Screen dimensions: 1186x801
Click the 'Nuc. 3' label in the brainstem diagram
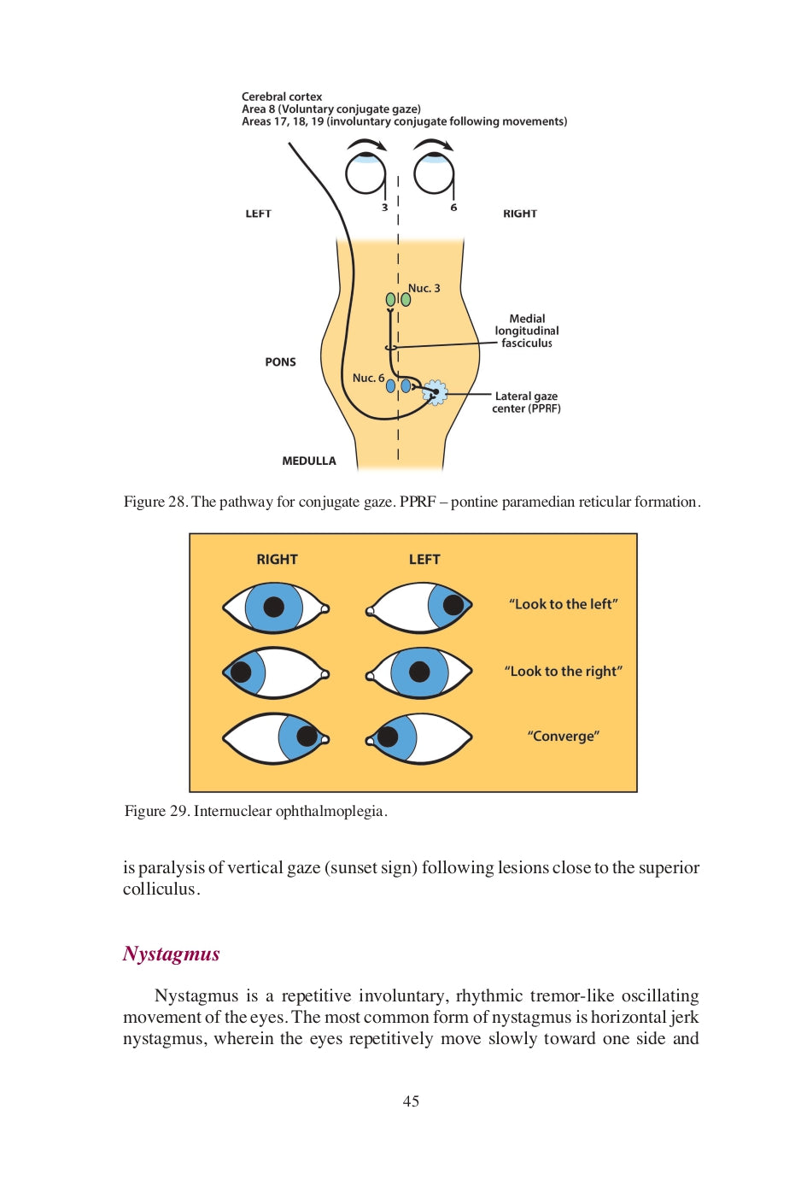[424, 289]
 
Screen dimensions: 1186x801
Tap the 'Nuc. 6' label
[368, 378]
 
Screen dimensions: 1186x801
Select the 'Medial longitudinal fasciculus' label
[527, 331]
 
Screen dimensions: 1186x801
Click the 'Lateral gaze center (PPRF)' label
[526, 402]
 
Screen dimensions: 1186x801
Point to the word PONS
[280, 362]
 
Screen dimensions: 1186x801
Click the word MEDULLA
[309, 461]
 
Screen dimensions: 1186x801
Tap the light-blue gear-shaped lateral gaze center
[435, 392]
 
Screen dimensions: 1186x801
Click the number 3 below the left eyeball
[384, 208]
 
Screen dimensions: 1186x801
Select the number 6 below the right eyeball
[453, 208]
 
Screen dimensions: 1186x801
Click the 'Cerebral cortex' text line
[282, 97]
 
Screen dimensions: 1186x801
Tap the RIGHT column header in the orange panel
[277, 560]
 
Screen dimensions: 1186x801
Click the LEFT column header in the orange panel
[424, 560]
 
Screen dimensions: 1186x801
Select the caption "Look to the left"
[564, 604]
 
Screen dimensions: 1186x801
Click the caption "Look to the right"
[564, 672]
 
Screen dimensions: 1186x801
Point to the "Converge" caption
[564, 737]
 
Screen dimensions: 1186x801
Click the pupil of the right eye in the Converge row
[307, 736]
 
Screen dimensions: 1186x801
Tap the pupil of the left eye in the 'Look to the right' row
[419, 672]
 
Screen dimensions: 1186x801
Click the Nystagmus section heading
[172, 954]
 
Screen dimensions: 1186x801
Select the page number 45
[411, 1101]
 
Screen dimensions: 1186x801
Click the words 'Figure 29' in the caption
[156, 811]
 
